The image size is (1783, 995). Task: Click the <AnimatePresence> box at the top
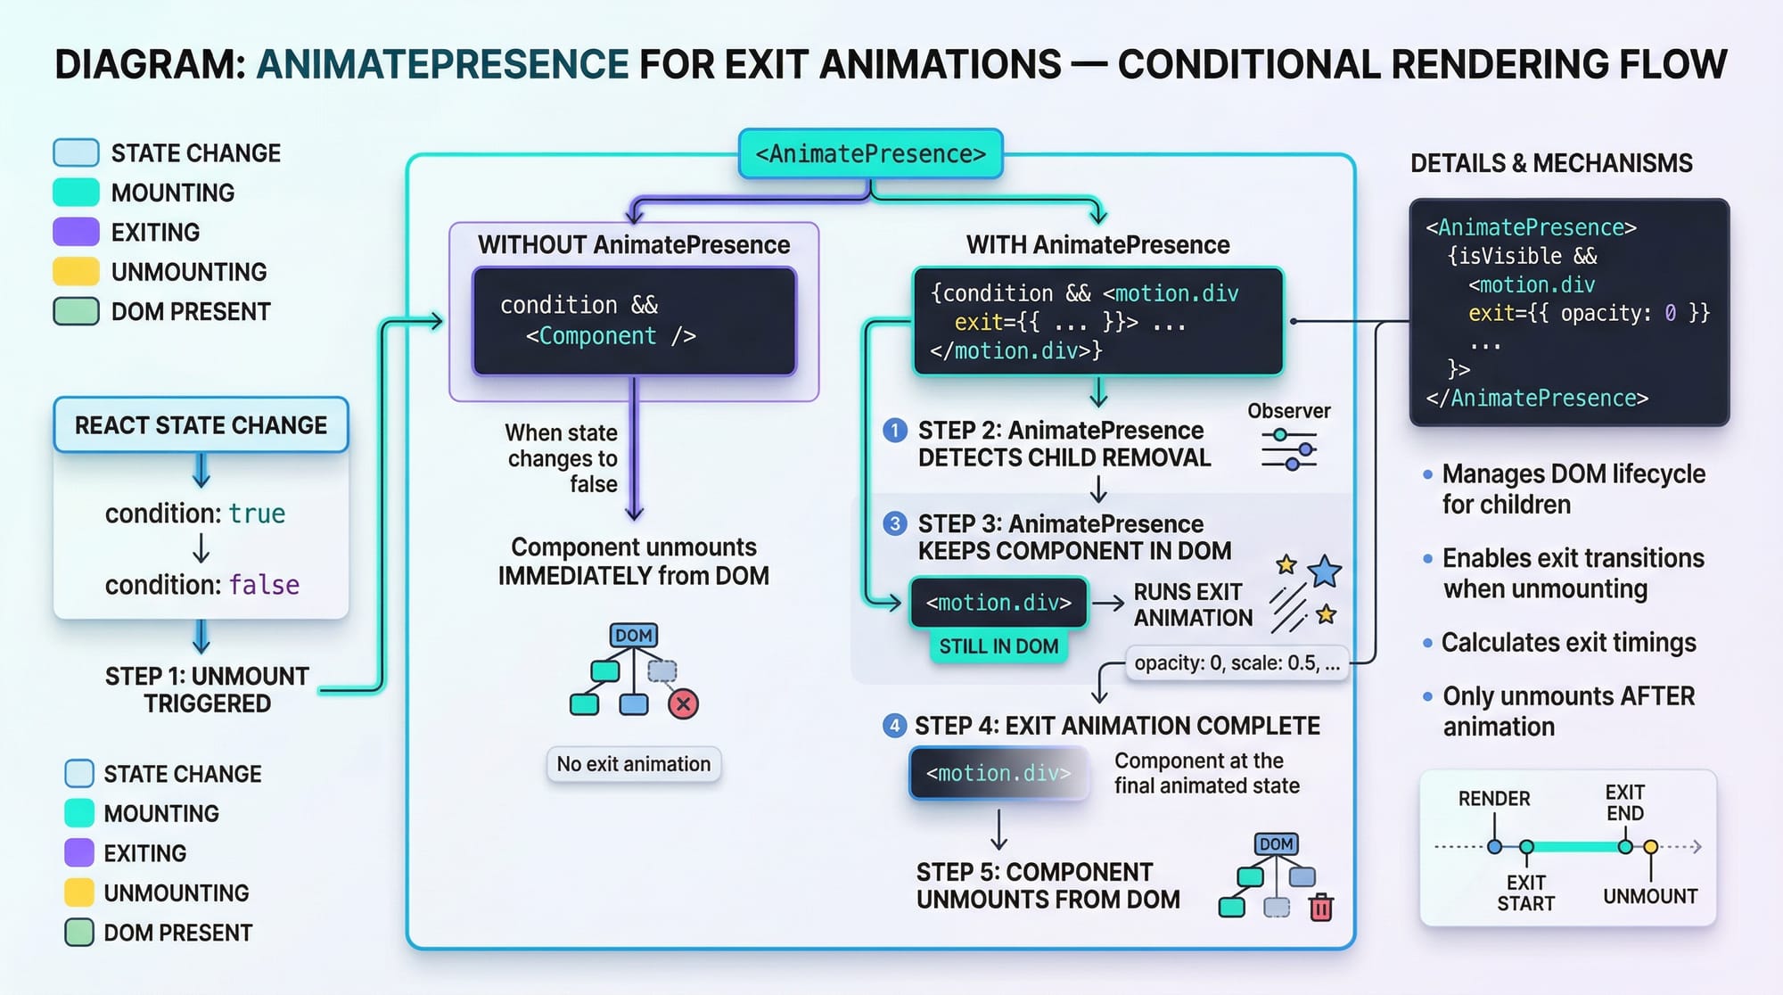click(871, 153)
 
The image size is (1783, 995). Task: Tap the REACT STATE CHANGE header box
click(201, 425)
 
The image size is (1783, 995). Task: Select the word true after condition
click(257, 514)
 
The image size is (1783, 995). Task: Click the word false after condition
click(264, 585)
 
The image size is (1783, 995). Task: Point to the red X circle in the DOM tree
click(683, 704)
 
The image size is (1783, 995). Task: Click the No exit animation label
click(634, 764)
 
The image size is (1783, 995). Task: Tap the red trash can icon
click(1321, 907)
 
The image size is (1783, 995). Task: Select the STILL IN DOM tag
click(998, 646)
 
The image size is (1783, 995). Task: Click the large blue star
click(1325, 572)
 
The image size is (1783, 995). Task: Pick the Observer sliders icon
click(1289, 449)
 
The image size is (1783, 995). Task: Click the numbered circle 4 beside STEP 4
click(894, 726)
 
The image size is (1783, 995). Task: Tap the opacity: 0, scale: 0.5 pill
click(1237, 663)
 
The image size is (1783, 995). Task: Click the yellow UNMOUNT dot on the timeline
click(1651, 847)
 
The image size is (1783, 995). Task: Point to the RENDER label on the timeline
click(1494, 799)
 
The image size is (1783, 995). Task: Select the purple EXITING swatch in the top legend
click(76, 232)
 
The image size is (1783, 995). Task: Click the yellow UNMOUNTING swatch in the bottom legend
click(79, 892)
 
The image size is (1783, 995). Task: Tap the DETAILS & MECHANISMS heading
click(1551, 163)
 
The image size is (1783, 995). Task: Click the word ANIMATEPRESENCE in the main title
click(443, 64)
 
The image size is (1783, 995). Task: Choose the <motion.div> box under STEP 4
click(998, 773)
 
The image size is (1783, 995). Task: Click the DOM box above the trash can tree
click(1277, 843)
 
